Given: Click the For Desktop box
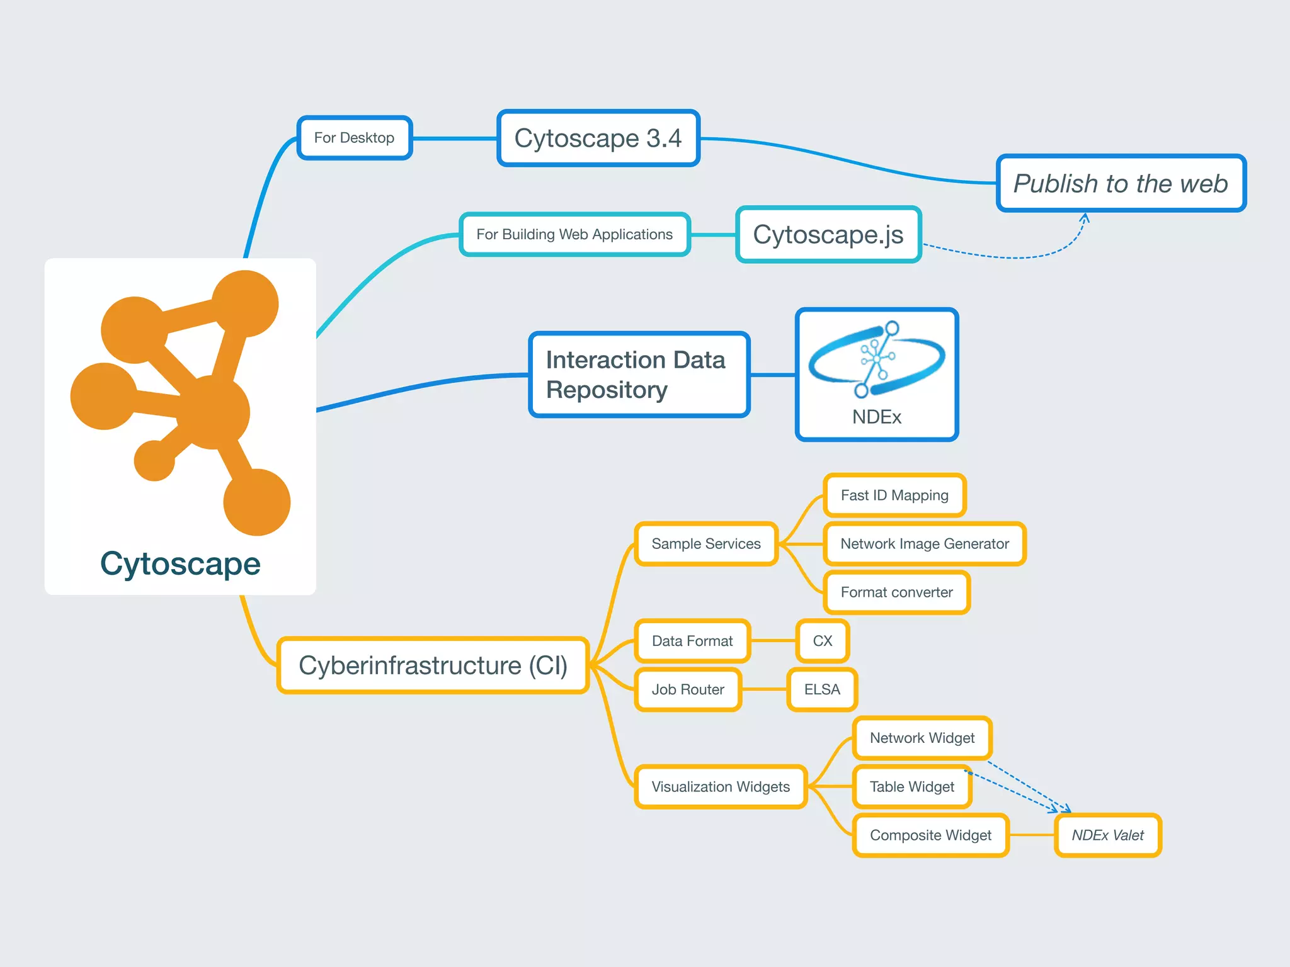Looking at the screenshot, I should (355, 138).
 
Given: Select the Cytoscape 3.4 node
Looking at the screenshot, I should (598, 139).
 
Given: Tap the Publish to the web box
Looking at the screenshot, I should (1121, 183).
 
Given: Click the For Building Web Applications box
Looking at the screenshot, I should (574, 234).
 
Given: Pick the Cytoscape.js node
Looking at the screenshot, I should (828, 234).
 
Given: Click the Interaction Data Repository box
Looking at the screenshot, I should (639, 375).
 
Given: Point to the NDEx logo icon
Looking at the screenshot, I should (876, 359).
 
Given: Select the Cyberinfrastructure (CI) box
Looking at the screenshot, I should (433, 665).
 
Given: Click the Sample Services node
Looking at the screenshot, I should (706, 544).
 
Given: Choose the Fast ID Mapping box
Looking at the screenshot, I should (894, 495).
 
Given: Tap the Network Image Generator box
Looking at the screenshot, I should (925, 544).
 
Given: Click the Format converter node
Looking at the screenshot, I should (896, 592).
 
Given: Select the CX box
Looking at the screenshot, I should (823, 641).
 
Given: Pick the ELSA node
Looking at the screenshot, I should (822, 689).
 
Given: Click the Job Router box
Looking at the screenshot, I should (688, 689).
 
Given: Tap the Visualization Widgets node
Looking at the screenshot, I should (721, 787).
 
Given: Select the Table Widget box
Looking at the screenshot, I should (911, 787).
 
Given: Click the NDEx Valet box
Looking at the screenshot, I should (1108, 835).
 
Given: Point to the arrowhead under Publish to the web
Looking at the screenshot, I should (1085, 217).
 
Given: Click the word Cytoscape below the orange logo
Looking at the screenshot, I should (180, 563).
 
